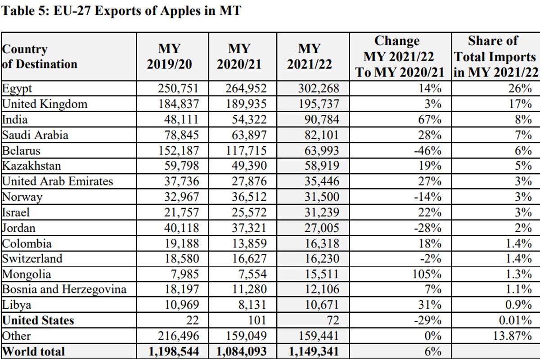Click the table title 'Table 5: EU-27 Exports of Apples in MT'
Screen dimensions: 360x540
click(x=121, y=11)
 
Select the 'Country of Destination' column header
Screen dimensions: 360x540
click(x=40, y=57)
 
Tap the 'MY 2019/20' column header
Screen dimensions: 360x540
click(x=169, y=57)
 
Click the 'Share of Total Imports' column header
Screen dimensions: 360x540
click(x=495, y=57)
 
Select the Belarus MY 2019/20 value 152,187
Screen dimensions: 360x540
click(x=178, y=150)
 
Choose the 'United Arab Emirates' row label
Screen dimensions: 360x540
click(x=58, y=181)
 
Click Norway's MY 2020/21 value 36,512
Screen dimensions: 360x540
click(x=246, y=197)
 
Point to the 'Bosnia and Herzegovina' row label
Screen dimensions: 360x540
click(x=64, y=289)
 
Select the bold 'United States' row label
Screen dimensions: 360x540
click(x=38, y=320)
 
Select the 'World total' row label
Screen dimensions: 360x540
click(x=34, y=351)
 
